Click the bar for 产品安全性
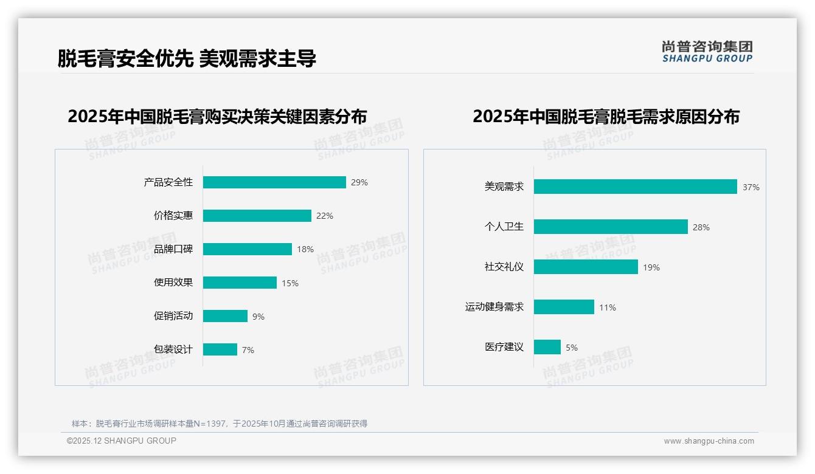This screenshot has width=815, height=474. (274, 182)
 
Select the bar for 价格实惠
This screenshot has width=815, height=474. (257, 216)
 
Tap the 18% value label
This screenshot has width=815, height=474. (305, 249)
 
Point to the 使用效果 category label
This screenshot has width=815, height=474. (173, 283)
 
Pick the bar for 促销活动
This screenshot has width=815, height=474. (225, 316)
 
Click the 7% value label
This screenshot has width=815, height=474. (248, 350)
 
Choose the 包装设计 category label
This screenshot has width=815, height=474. (173, 349)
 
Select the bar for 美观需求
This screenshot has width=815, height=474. (635, 187)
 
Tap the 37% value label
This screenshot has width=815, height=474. (751, 187)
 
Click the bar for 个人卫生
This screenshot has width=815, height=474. (611, 227)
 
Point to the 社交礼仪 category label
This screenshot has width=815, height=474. (504, 267)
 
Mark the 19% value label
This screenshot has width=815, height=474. (651, 267)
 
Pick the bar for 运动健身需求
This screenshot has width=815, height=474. (564, 307)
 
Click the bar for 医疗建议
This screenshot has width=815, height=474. (547, 347)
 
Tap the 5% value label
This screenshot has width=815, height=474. (572, 348)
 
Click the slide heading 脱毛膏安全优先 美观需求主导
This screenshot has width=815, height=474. (187, 59)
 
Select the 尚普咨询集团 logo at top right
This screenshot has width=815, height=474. (707, 52)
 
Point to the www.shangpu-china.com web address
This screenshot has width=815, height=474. (709, 441)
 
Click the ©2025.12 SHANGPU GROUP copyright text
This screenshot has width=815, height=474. (122, 441)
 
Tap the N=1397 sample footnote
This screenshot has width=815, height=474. (220, 424)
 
